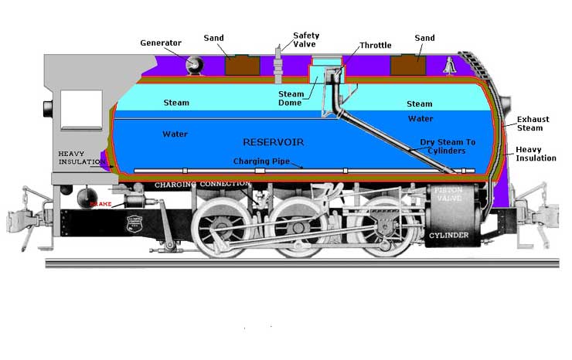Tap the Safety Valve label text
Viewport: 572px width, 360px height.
305,40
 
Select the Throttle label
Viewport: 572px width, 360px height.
375,46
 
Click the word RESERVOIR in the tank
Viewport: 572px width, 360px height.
274,142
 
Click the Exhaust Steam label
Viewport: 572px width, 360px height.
533,124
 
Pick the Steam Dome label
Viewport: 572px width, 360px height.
291,99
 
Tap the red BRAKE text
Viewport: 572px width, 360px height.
101,204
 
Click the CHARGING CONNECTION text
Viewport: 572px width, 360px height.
202,185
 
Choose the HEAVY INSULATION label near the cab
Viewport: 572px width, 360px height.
80,158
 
